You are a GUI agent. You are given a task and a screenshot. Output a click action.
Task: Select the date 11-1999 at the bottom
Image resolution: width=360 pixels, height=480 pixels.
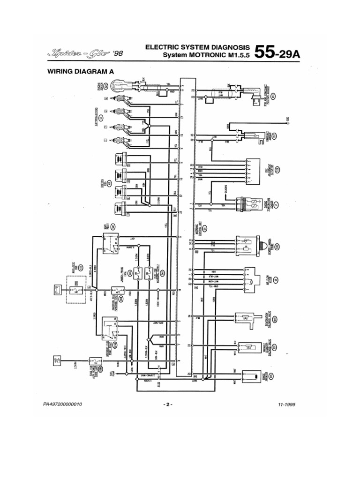tap(286, 404)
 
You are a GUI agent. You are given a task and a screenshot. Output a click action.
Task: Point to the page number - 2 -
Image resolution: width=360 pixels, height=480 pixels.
tap(168, 404)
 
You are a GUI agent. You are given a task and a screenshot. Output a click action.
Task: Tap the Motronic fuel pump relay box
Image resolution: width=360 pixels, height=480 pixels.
tap(108, 329)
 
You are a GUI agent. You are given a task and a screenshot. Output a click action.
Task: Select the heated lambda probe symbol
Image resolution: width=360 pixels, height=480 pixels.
tap(253, 246)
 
